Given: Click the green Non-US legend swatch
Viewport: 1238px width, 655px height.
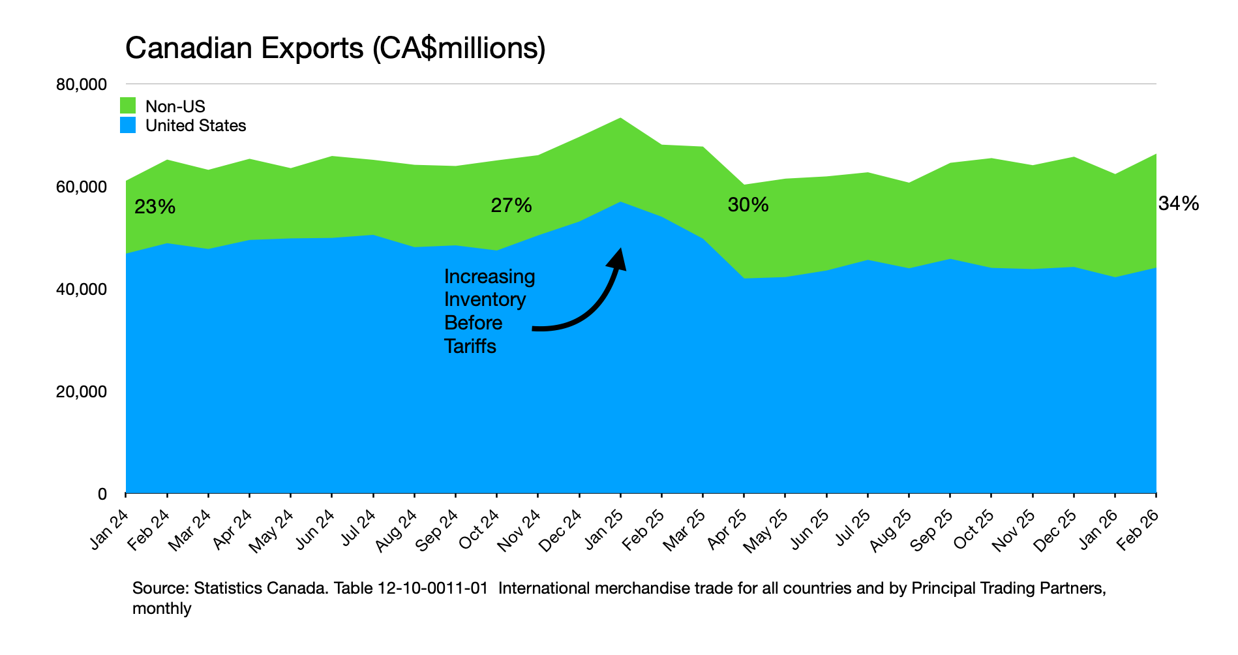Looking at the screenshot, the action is coord(128,106).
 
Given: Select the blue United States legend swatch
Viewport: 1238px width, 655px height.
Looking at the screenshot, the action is coord(128,125).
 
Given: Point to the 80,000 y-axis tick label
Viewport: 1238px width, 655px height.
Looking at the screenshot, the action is coord(81,85).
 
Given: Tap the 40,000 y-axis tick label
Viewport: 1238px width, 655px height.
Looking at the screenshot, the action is coord(81,289).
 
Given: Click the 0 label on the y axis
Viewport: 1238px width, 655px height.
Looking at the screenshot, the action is coord(102,494).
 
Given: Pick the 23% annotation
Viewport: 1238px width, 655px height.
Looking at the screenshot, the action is coord(155,207).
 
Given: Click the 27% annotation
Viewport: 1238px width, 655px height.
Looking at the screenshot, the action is coord(511,206).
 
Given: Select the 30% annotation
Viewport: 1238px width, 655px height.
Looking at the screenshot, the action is coord(748,205).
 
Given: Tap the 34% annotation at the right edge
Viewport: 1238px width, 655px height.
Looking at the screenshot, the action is coord(1179,204).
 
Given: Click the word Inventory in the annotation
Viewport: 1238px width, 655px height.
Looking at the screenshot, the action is coord(485,299).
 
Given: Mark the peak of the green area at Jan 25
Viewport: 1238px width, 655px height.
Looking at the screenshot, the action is coord(620,118).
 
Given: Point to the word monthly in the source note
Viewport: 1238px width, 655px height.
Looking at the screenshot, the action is coord(162,609).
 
